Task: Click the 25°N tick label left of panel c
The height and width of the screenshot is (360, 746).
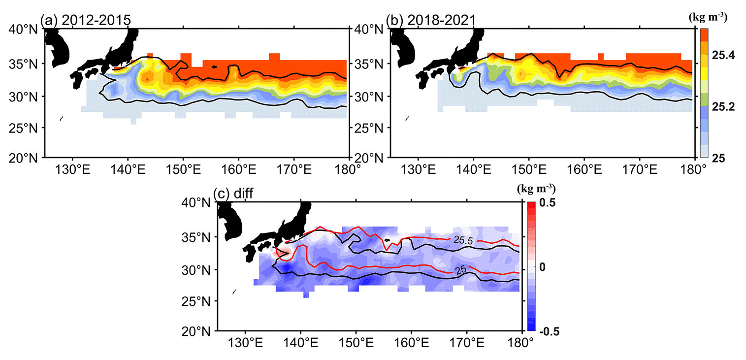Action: (199, 300)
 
